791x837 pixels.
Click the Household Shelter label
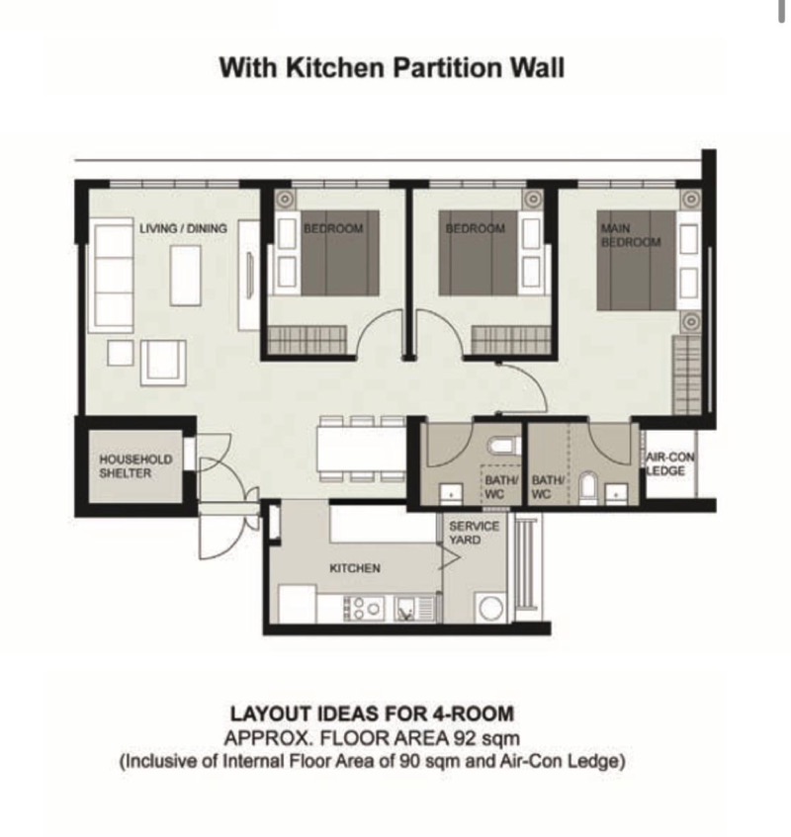click(135, 466)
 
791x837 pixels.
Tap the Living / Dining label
click(183, 228)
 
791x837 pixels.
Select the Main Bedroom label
click(631, 235)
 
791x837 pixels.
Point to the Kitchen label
click(355, 568)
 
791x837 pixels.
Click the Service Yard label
click(474, 533)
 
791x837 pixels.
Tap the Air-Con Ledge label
click(669, 463)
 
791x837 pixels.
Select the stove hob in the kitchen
click(364, 608)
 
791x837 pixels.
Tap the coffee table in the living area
click(185, 276)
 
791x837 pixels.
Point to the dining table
click(362, 449)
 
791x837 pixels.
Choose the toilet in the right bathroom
click(587, 487)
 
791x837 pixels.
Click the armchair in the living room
click(163, 363)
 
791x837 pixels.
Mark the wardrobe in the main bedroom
click(686, 375)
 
